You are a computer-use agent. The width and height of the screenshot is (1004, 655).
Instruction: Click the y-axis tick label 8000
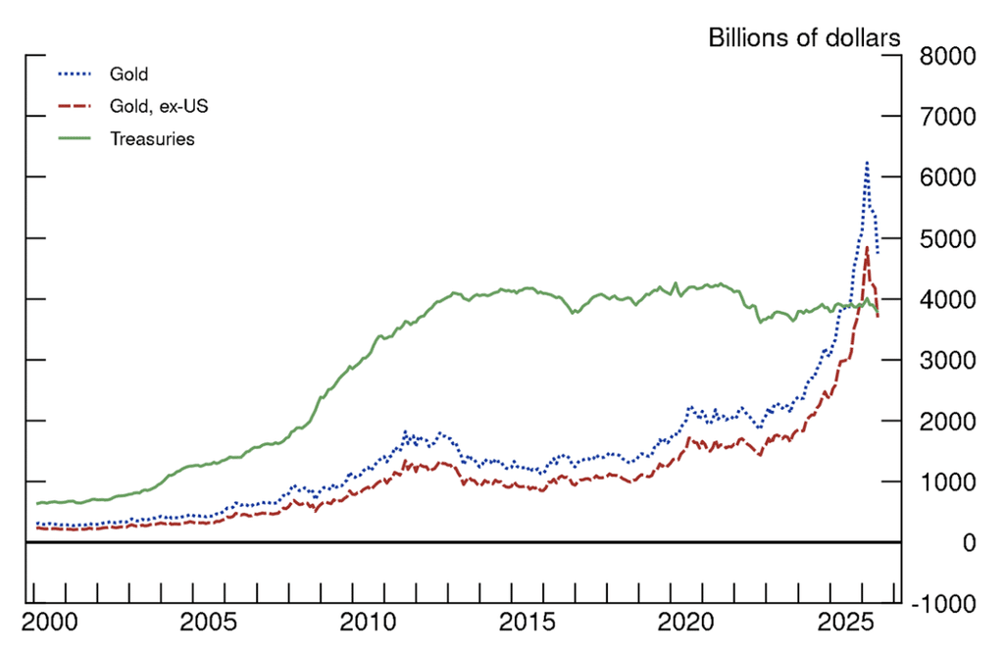(x=948, y=56)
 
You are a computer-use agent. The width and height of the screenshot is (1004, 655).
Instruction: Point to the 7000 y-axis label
(x=948, y=117)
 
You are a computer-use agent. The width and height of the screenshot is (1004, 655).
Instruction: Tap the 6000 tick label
(x=948, y=177)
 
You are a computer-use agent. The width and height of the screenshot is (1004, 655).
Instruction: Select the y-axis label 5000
(x=948, y=238)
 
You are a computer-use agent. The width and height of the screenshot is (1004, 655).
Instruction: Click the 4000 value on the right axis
(x=948, y=299)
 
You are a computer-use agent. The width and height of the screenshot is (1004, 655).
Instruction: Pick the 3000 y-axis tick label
(x=948, y=360)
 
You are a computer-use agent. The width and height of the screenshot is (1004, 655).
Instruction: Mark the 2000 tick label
(x=948, y=421)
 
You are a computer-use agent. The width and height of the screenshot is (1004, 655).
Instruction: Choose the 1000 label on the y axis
(x=948, y=481)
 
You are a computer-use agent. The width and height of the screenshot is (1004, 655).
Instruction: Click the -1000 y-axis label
(x=944, y=603)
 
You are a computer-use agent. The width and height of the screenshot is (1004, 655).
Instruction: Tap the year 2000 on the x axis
(x=50, y=623)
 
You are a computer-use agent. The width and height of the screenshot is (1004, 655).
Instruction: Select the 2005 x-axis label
(x=208, y=623)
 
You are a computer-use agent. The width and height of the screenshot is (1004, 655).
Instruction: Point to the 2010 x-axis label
(x=368, y=623)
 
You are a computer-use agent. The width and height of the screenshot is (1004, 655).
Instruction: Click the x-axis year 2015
(x=527, y=623)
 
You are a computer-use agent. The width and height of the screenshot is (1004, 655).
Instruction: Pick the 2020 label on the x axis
(x=685, y=623)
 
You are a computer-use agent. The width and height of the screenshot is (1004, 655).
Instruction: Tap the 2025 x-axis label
(x=845, y=623)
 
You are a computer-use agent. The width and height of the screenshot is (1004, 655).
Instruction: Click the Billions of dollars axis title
(x=804, y=38)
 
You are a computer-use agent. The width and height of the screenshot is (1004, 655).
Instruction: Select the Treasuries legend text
(x=152, y=139)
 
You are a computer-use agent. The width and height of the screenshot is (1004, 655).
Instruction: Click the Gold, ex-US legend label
(x=159, y=106)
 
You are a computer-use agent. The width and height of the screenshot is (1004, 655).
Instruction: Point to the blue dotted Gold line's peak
(x=867, y=163)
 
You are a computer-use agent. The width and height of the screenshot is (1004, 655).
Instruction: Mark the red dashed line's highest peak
(x=867, y=248)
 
